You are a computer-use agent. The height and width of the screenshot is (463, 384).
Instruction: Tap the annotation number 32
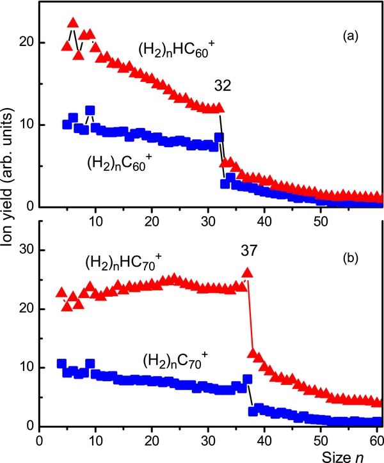(x=223, y=85)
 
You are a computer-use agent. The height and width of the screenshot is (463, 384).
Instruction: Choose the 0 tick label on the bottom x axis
(x=40, y=439)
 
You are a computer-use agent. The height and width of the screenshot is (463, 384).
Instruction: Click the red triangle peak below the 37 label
(x=247, y=273)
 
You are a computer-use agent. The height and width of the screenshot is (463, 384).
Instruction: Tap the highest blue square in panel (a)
(x=90, y=111)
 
